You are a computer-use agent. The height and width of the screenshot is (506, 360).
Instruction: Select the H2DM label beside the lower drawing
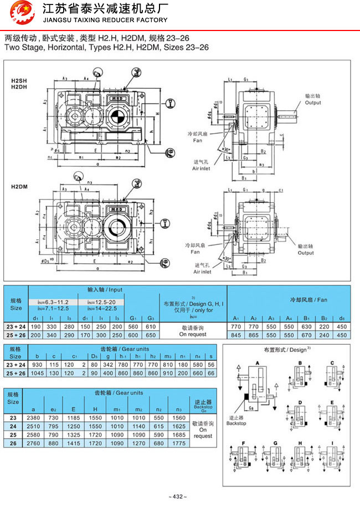pyautogui.click(x=19, y=187)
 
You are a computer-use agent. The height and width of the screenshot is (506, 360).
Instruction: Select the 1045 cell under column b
pyautogui.click(x=37, y=374)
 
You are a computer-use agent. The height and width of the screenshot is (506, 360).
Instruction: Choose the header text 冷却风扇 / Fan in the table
pyautogui.click(x=308, y=300)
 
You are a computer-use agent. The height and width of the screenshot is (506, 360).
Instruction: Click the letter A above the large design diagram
pyautogui.click(x=257, y=361)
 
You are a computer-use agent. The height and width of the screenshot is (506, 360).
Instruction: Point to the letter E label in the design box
pyautogui.click(x=331, y=402)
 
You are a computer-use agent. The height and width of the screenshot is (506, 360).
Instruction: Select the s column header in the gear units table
pyautogui.click(x=210, y=356)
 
